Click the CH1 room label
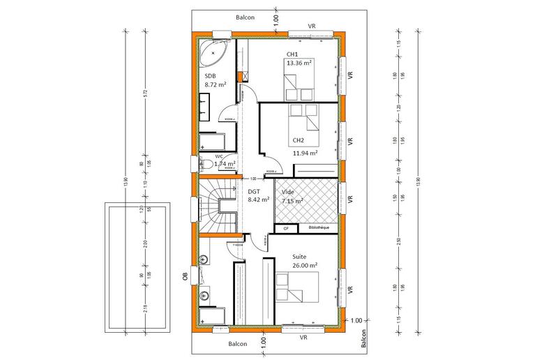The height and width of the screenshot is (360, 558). [x=292, y=54]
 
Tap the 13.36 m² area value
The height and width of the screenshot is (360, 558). [x=298, y=62]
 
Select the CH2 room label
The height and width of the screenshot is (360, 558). [x=299, y=140]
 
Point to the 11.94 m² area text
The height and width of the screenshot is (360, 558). [x=305, y=152]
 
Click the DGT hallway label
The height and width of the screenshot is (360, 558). [x=255, y=190]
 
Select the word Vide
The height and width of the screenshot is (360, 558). [x=287, y=191]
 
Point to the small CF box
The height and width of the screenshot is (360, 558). [x=285, y=228]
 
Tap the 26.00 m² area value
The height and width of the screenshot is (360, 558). [x=305, y=266]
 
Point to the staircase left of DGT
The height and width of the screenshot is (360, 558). [x=218, y=204]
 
